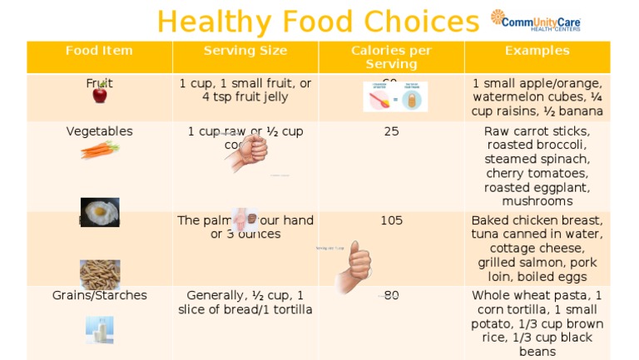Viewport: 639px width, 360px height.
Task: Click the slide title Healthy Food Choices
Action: (x=319, y=21)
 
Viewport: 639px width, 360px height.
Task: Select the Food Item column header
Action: (x=99, y=51)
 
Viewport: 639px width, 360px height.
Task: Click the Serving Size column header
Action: (x=245, y=51)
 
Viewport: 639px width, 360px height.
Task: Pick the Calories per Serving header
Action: (x=391, y=57)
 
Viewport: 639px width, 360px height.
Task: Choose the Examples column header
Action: (x=537, y=51)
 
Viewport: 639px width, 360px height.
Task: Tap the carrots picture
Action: (x=100, y=150)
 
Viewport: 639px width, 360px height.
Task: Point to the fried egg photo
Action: (x=100, y=212)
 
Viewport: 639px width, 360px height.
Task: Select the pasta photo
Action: (x=100, y=274)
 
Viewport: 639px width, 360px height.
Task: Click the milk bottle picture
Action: (x=100, y=329)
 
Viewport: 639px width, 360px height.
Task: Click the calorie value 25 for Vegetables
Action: (x=391, y=131)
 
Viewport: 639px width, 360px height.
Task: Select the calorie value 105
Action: (x=391, y=220)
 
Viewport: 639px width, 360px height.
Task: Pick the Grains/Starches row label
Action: (x=99, y=295)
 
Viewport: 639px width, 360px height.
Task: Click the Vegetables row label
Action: (x=99, y=131)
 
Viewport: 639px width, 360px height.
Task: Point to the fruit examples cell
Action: (x=537, y=97)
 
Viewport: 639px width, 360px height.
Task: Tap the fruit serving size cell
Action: (x=245, y=90)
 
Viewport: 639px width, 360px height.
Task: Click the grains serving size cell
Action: (x=245, y=303)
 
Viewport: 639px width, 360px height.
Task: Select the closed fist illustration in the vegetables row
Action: (x=248, y=152)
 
